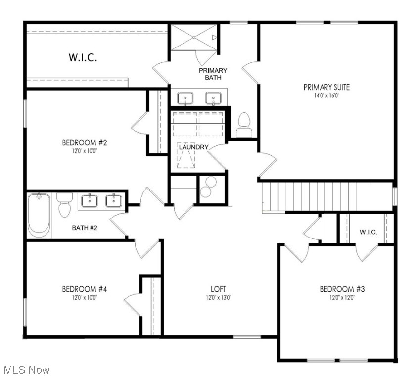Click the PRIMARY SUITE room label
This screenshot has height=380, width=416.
[x=326, y=87]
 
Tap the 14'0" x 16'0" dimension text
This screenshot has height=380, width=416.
[x=326, y=95]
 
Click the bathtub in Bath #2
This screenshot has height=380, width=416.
[x=39, y=216]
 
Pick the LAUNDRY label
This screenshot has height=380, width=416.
[x=193, y=147]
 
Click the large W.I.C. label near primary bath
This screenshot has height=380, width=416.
[x=82, y=57]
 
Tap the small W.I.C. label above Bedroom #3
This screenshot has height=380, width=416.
[x=369, y=232]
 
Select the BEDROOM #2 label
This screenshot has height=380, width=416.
[x=85, y=143]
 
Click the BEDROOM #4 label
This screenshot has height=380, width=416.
[x=85, y=289]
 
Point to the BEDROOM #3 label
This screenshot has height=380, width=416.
[x=342, y=289]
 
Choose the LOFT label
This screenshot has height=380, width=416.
[x=218, y=289]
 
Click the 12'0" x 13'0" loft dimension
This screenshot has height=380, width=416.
[x=218, y=298]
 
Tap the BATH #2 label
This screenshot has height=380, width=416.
[x=85, y=228]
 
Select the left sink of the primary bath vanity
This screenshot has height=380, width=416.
[x=185, y=98]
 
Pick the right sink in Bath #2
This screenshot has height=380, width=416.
[x=113, y=200]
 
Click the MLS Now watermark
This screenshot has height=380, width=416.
[x=26, y=370]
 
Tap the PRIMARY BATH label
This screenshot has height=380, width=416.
[x=213, y=74]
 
